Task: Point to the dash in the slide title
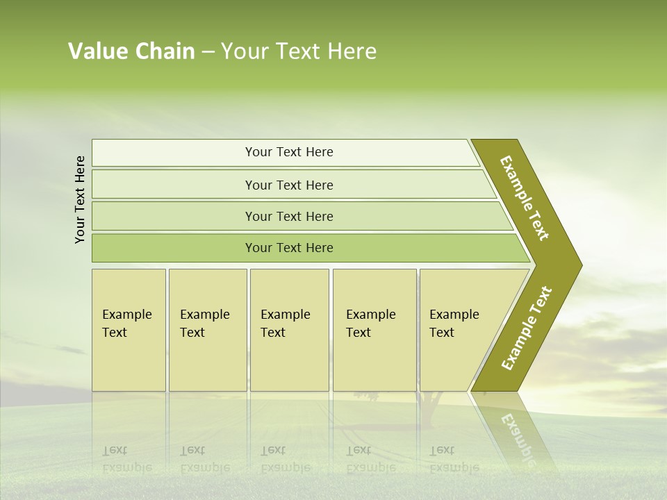pos(208,52)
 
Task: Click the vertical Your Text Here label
pos(80,199)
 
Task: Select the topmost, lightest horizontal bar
pos(285,153)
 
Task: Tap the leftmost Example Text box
pos(129,330)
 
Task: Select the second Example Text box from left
pos(208,330)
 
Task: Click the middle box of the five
pos(289,330)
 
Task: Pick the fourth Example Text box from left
pos(374,330)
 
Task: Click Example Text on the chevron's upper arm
pos(525,198)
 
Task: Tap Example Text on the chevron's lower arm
pos(527,328)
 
